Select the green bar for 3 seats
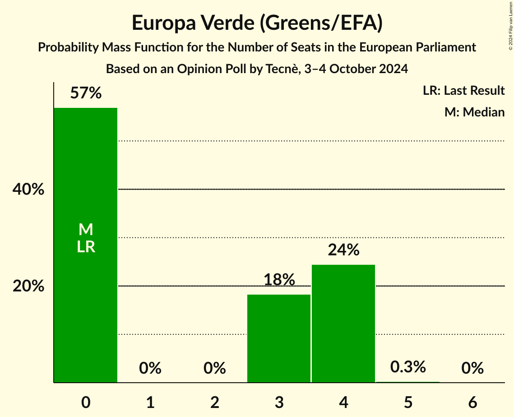[279, 338]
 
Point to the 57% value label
[86, 93]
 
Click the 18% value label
[279, 280]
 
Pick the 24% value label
[343, 250]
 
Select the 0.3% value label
[407, 367]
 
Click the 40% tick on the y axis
[28, 190]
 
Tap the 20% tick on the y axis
[28, 286]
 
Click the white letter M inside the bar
[86, 230]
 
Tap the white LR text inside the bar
[86, 247]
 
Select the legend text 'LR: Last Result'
[463, 91]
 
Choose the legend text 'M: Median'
[474, 112]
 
